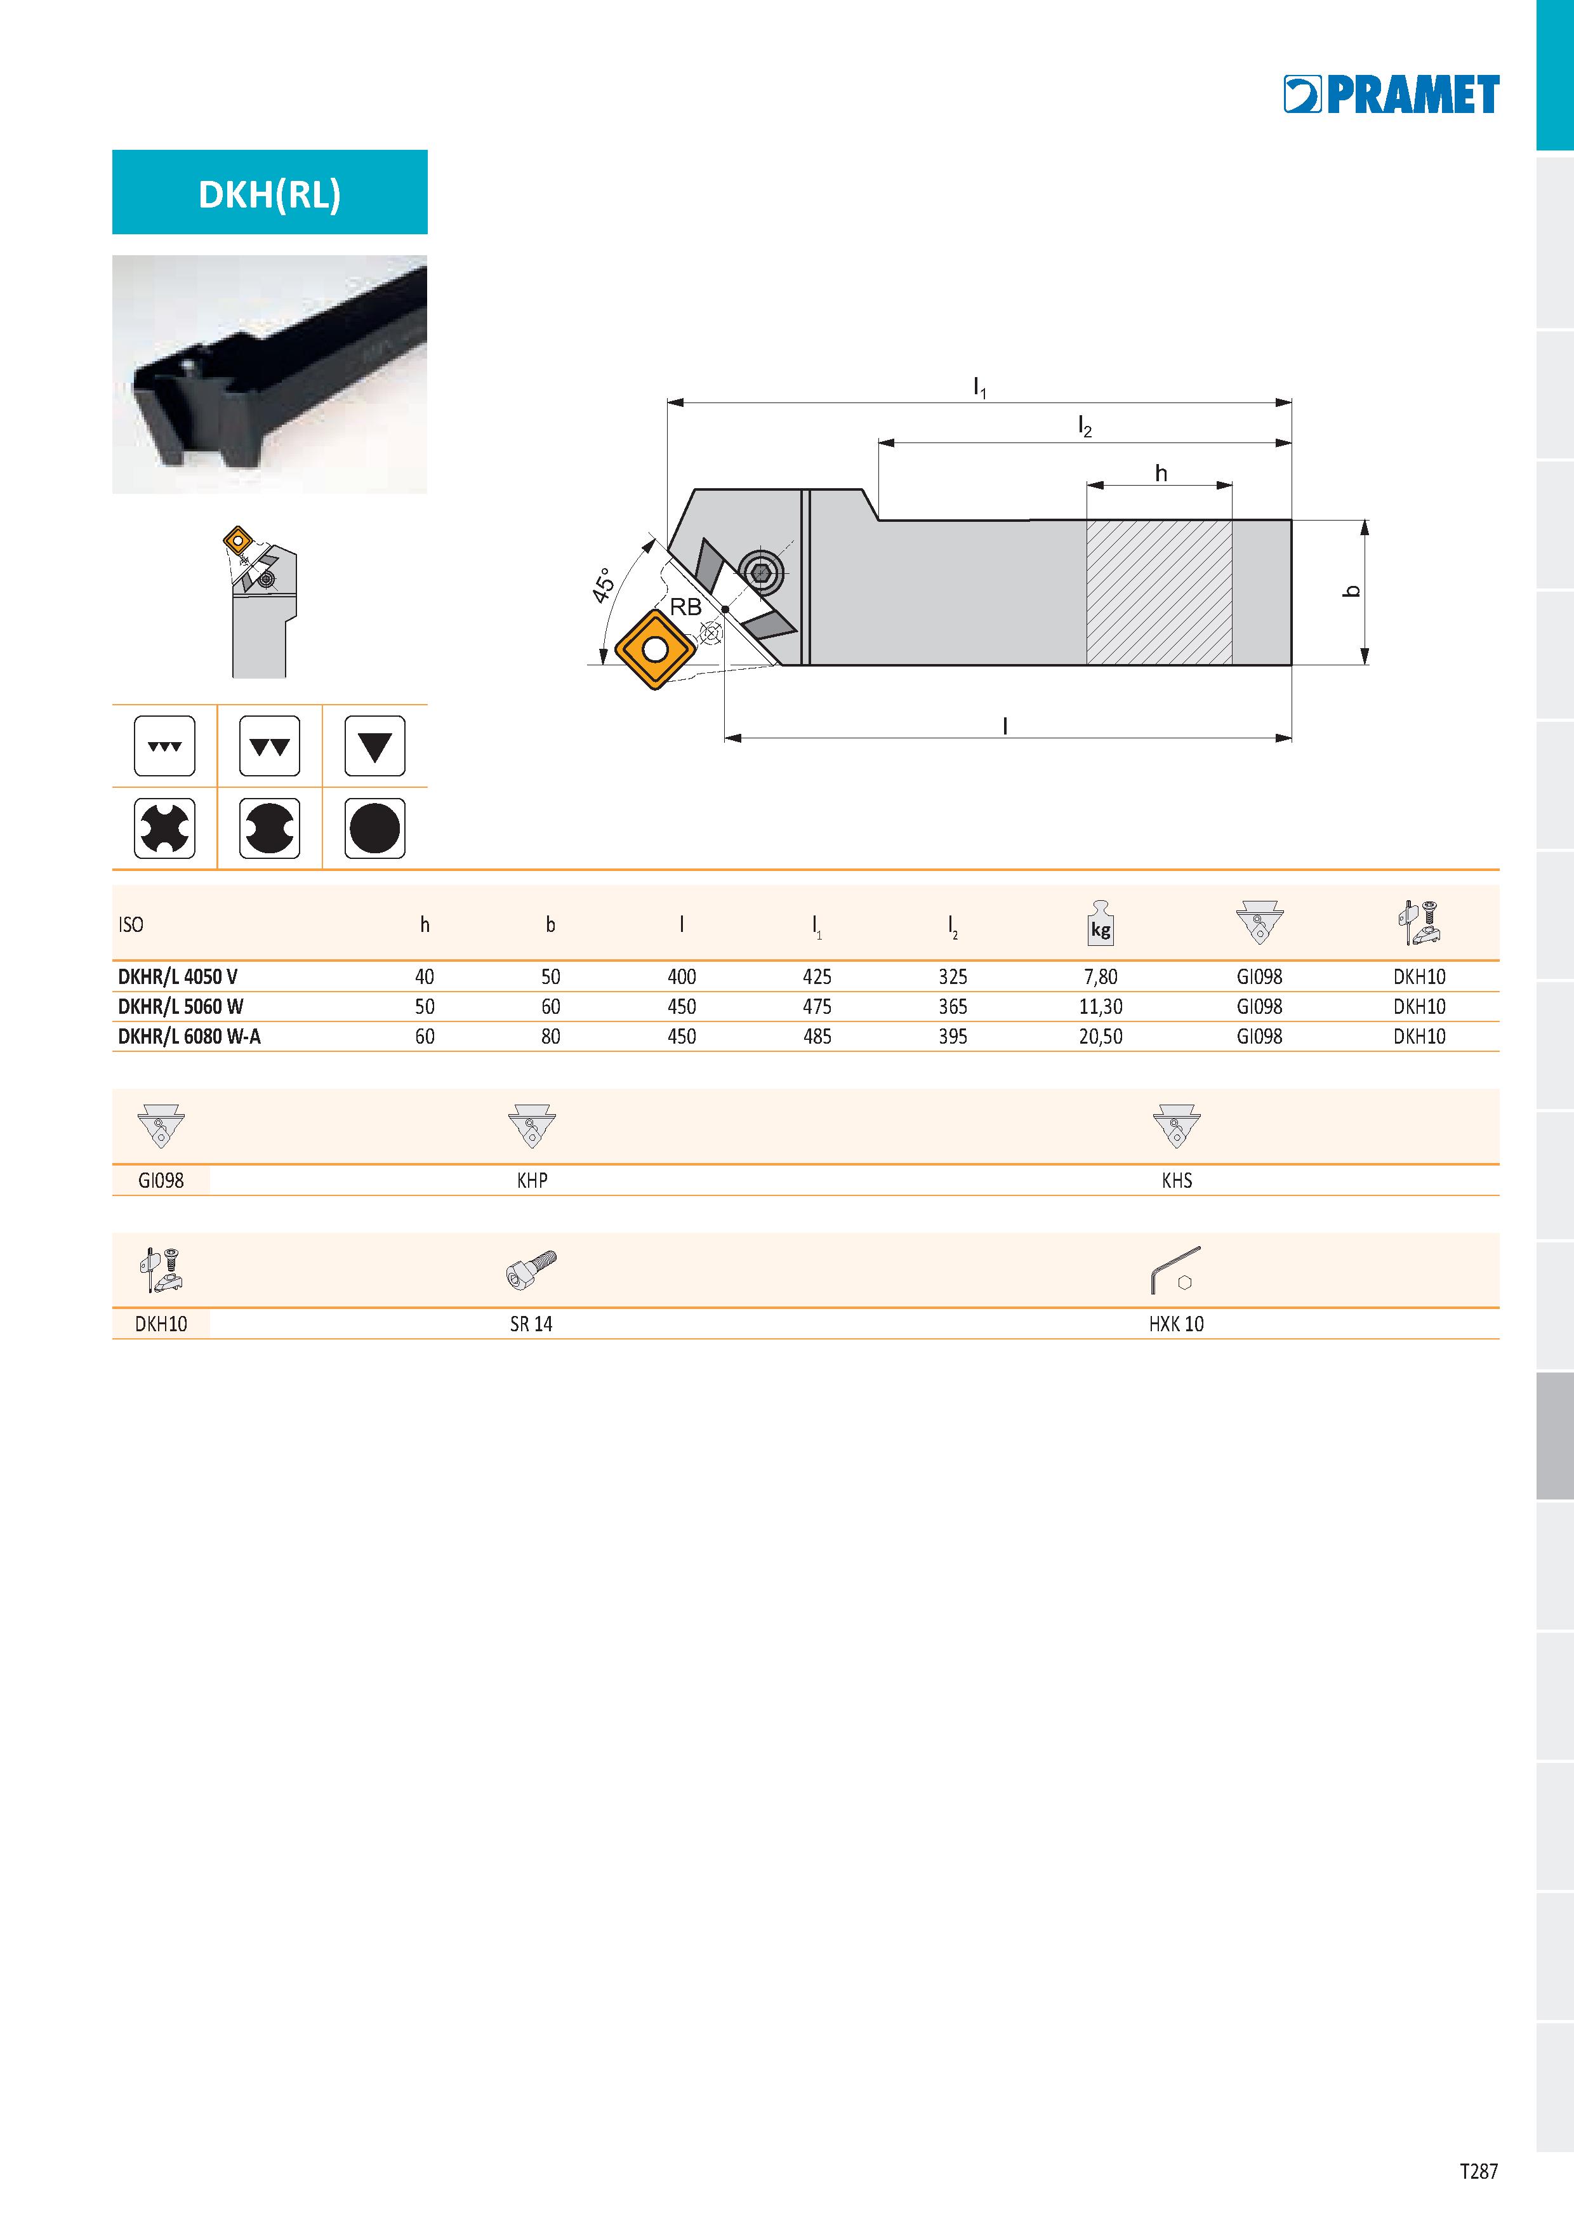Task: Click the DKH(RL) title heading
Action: click(x=270, y=194)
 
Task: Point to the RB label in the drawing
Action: click(x=685, y=607)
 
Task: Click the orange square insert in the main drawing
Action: click(x=656, y=649)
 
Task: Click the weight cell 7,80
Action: click(x=1101, y=977)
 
